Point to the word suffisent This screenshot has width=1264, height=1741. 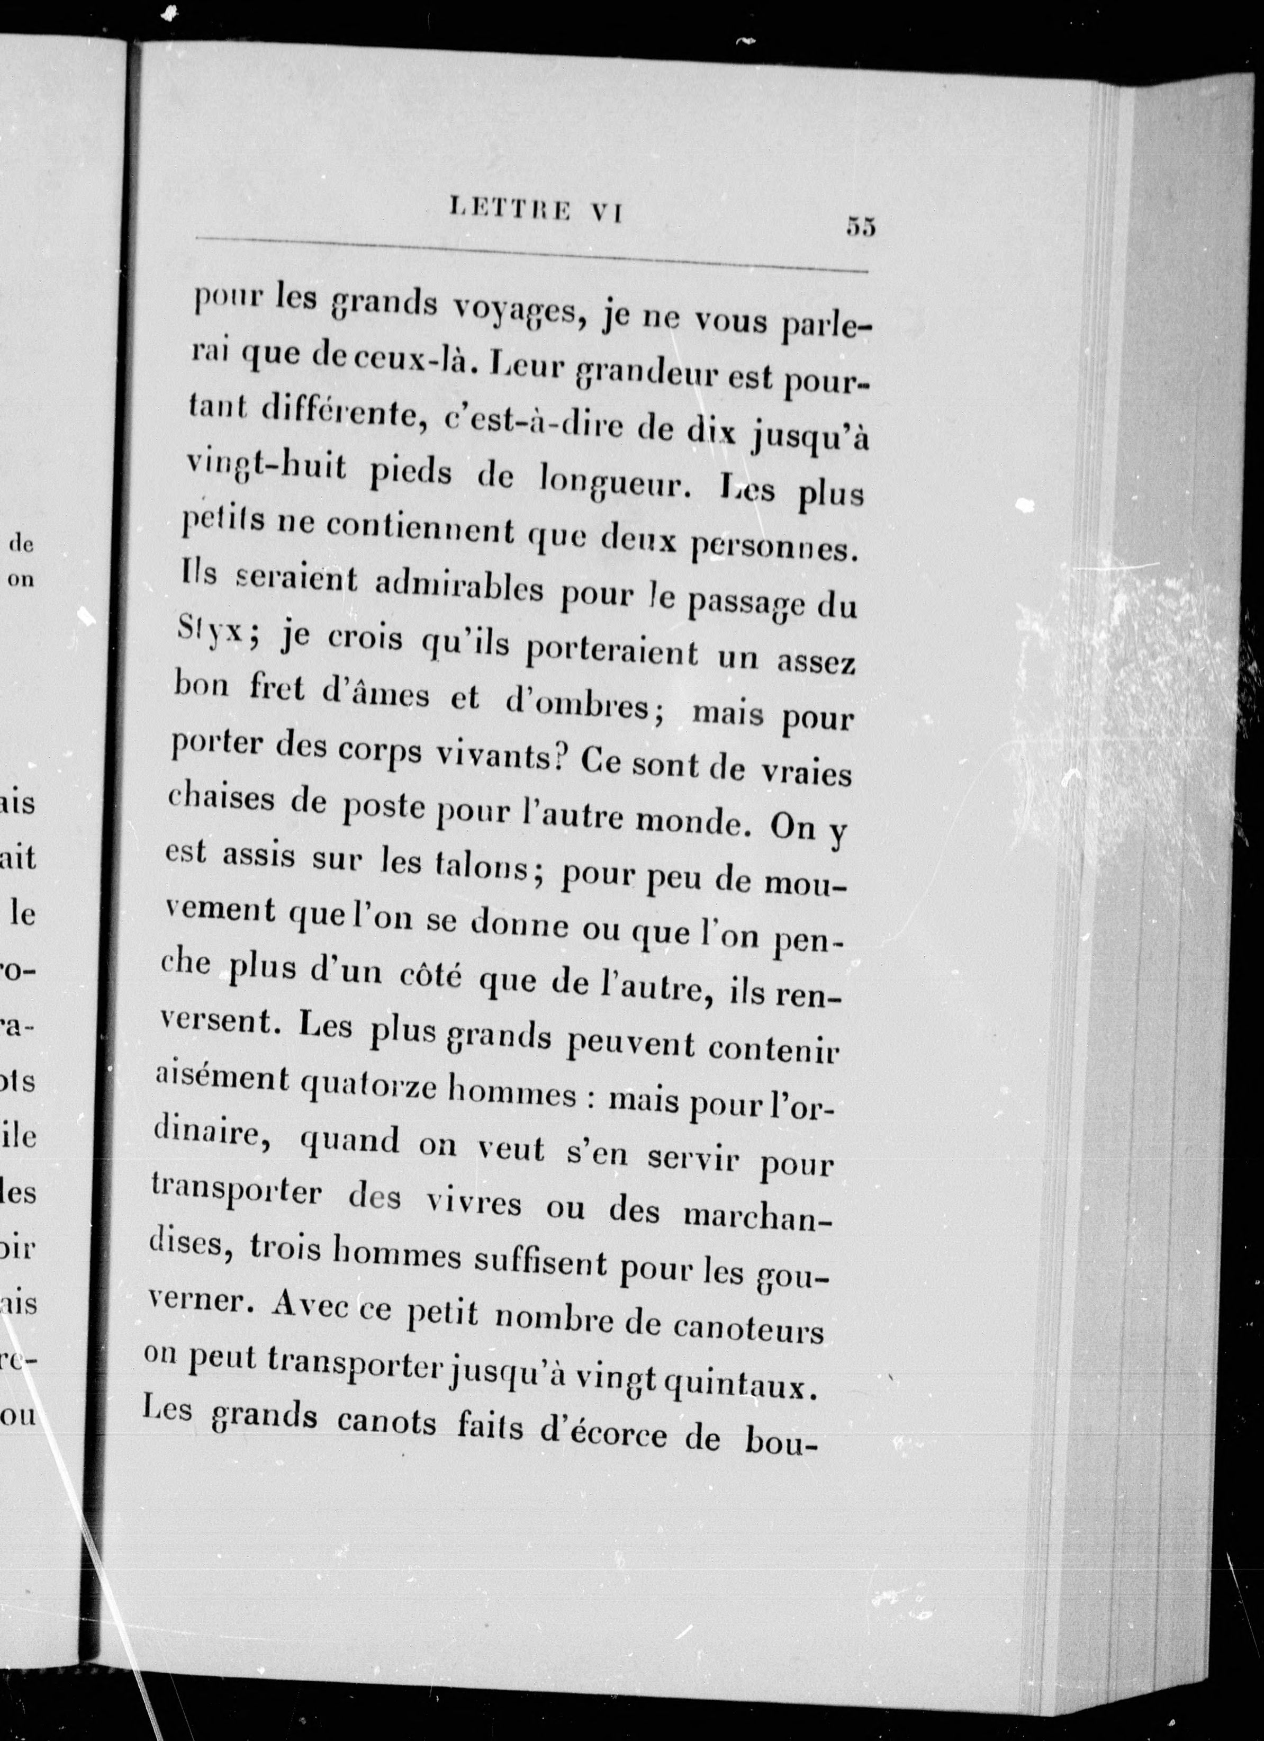pos(540,1263)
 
